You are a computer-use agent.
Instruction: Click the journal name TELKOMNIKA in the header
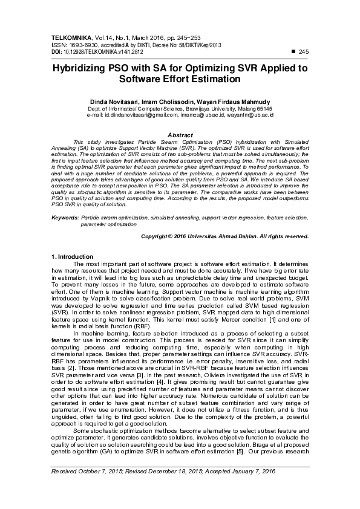click(70, 37)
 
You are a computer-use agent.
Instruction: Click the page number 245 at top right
click(304, 53)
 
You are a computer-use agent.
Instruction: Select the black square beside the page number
click(293, 53)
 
